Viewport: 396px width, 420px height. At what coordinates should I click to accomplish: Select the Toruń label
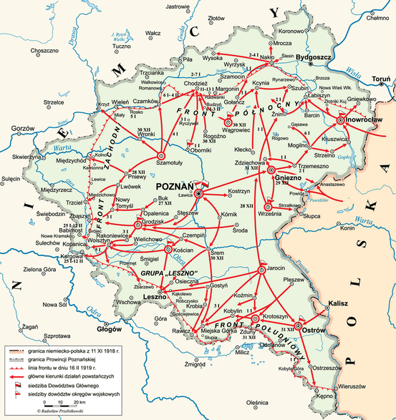pyautogui.click(x=380, y=75)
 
